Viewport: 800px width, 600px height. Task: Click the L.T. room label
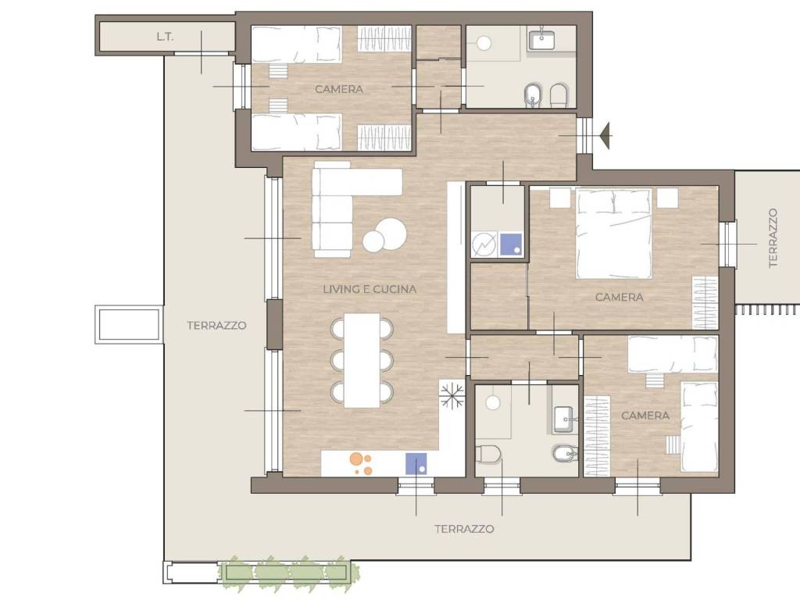click(x=165, y=37)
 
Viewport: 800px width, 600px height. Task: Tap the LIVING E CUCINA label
click(x=370, y=289)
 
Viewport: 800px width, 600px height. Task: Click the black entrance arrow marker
click(x=605, y=136)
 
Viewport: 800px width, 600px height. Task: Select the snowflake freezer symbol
click(x=452, y=394)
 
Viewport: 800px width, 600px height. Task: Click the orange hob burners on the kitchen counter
click(x=361, y=463)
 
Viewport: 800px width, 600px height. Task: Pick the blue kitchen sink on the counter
click(x=416, y=464)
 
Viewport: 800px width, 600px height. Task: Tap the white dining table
click(x=362, y=360)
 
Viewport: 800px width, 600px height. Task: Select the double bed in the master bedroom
click(x=614, y=234)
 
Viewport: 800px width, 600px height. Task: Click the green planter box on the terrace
click(x=285, y=571)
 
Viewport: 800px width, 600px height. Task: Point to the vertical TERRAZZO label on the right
click(x=773, y=237)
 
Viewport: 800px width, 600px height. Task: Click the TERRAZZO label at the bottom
click(x=464, y=529)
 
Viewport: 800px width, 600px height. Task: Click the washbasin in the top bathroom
click(x=541, y=41)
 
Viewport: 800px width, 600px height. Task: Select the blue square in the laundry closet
click(x=511, y=244)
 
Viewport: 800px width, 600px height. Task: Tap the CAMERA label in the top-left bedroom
click(x=339, y=89)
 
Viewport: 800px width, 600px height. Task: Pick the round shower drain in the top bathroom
click(x=484, y=44)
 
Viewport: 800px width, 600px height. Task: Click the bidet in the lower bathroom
click(x=565, y=452)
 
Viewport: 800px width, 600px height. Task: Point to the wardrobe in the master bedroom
click(x=705, y=302)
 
